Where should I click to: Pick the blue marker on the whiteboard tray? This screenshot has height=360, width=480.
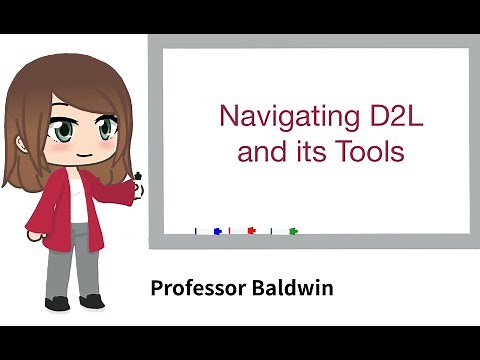point(216,231)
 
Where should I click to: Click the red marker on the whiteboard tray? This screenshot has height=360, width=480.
point(250,231)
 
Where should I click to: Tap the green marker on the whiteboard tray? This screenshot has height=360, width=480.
point(292,231)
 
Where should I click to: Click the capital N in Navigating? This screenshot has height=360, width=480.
point(226,115)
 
